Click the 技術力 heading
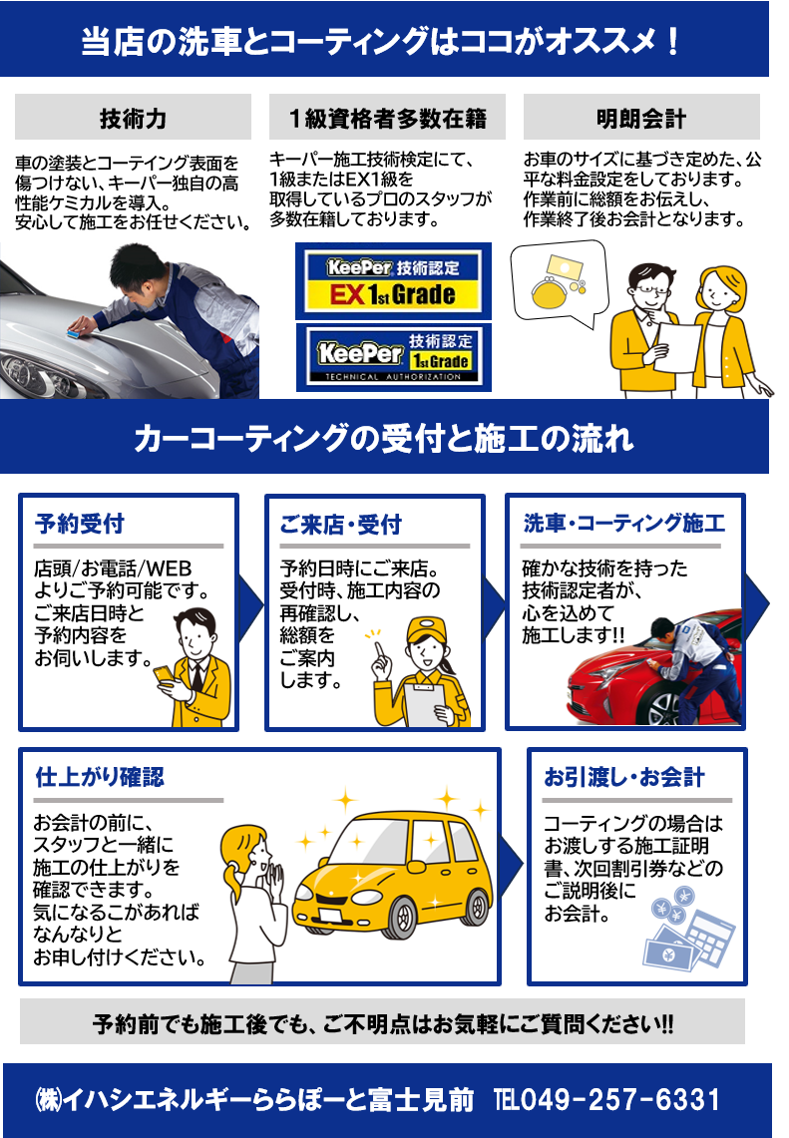[x=133, y=119]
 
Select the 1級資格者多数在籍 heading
[x=388, y=119]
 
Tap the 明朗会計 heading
[x=641, y=119]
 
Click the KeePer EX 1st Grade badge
[x=393, y=281]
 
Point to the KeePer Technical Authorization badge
[x=393, y=358]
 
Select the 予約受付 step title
[x=80, y=524]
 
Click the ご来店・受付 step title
[x=340, y=524]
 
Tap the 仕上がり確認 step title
[x=100, y=777]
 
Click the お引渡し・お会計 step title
[x=624, y=777]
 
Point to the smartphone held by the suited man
[x=164, y=675]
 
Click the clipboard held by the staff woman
[x=425, y=702]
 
